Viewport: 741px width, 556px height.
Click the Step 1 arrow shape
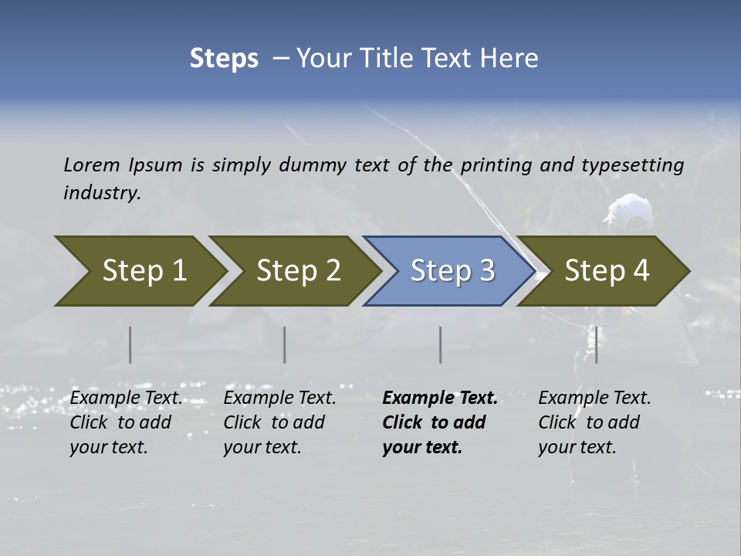click(x=139, y=271)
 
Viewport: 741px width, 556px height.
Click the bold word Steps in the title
click(x=224, y=59)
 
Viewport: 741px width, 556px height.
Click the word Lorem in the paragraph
click(x=91, y=165)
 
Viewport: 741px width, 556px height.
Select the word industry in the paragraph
click(x=101, y=193)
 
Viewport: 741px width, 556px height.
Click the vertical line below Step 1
click(x=130, y=344)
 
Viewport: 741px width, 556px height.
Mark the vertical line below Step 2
click(x=285, y=344)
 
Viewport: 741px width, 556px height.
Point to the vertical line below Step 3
click(x=441, y=344)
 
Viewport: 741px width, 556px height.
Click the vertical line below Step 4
click(x=597, y=344)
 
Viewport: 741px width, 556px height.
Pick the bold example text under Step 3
click(x=439, y=422)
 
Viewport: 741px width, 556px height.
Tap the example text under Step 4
click(x=594, y=422)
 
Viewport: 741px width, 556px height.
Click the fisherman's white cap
click(x=630, y=206)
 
